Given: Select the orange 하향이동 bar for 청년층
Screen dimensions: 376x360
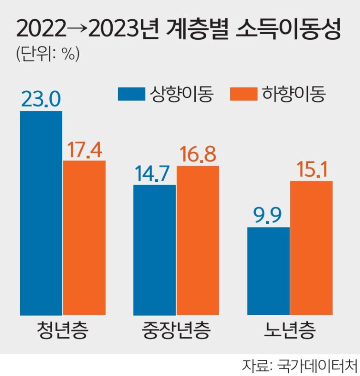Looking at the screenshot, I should click(84, 238).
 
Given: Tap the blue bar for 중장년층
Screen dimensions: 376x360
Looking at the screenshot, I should click(155, 250).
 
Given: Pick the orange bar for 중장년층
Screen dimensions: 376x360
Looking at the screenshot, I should click(198, 240).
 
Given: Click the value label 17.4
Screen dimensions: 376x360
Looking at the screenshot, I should click(84, 149).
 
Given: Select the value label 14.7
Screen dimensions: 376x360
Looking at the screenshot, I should click(155, 174).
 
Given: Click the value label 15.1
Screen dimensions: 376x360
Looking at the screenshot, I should click(311, 170).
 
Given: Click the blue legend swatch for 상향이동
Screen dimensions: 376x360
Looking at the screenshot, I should click(131, 95).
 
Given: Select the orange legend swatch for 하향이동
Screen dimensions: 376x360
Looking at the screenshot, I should click(243, 95).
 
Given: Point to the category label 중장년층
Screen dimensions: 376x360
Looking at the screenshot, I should click(176, 331).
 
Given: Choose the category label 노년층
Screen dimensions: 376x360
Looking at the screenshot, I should click(290, 331).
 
